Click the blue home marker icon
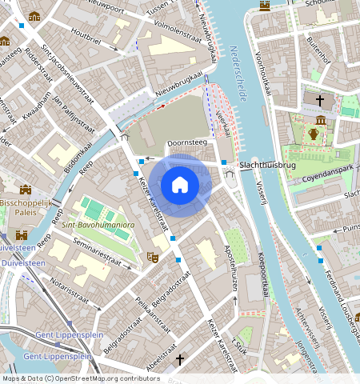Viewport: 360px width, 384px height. coord(180,186)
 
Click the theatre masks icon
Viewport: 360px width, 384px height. coord(151,258)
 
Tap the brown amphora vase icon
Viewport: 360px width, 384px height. coord(314,133)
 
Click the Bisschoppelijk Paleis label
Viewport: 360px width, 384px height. coord(24,207)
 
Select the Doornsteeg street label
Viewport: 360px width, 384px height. coord(186,143)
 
